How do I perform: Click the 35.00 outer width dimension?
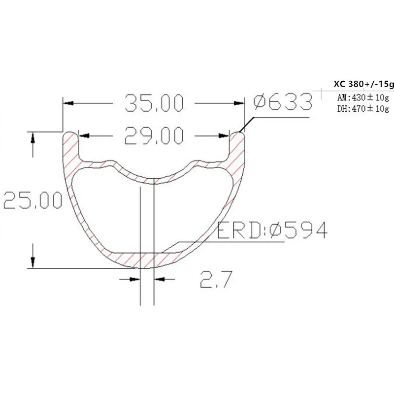(154, 103)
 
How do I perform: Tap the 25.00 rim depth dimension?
(33, 200)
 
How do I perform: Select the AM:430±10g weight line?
(362, 97)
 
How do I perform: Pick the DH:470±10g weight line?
(362, 108)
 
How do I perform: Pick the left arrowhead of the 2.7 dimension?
(133, 279)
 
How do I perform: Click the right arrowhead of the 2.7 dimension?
(159, 279)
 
